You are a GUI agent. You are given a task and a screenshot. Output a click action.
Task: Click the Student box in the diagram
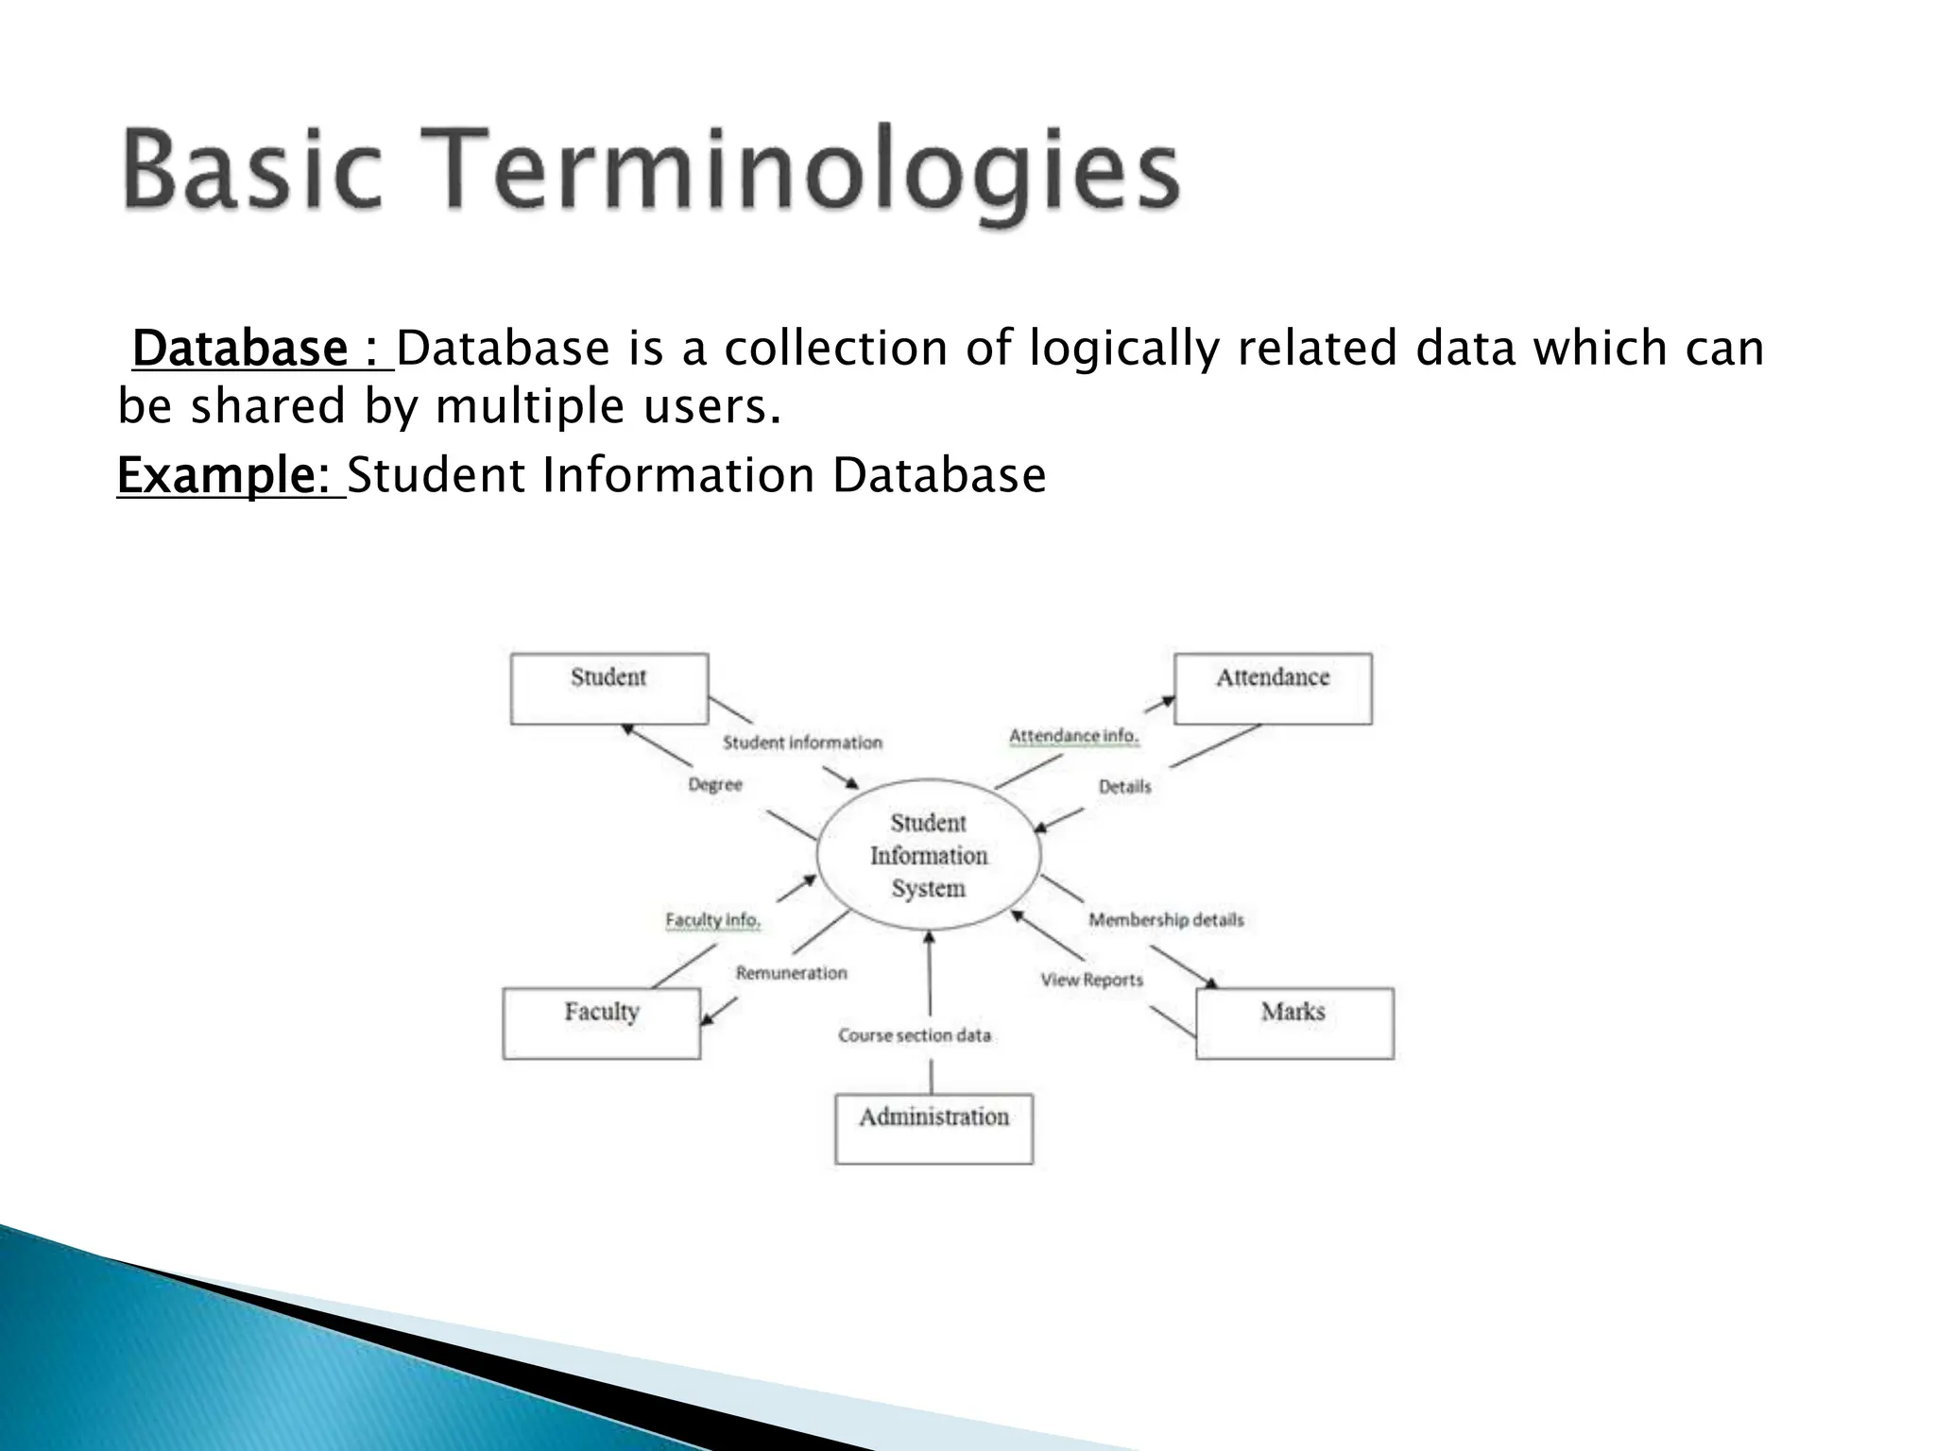pos(608,689)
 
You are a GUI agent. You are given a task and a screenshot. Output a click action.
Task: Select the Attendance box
pos(1272,689)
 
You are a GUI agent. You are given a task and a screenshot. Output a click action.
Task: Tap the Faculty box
pos(602,1023)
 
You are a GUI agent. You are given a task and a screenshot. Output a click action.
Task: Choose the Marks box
pos(1293,1023)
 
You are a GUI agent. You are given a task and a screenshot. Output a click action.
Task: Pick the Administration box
pos(933,1129)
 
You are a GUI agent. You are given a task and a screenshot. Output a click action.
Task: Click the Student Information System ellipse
pos(929,855)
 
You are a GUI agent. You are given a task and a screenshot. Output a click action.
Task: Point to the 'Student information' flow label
pos(802,743)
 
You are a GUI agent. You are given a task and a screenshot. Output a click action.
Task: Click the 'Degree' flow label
pos(715,784)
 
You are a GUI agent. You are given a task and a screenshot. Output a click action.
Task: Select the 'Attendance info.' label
pos(1074,736)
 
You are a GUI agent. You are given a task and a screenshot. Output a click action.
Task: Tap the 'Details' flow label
pos(1124,786)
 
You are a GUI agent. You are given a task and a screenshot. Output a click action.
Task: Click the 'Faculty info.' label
pos(712,919)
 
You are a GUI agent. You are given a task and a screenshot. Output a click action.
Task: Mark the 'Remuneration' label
pos(792,973)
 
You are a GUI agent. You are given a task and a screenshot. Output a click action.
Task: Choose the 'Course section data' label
pos(915,1035)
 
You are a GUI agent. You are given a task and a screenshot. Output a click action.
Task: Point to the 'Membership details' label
pos(1166,919)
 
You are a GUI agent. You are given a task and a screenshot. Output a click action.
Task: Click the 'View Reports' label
pos(1092,980)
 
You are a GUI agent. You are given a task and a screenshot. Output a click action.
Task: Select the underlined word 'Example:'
pos(231,475)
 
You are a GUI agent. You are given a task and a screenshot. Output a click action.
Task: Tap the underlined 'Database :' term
pos(262,349)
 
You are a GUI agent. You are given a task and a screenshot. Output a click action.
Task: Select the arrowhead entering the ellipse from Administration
pos(929,937)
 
